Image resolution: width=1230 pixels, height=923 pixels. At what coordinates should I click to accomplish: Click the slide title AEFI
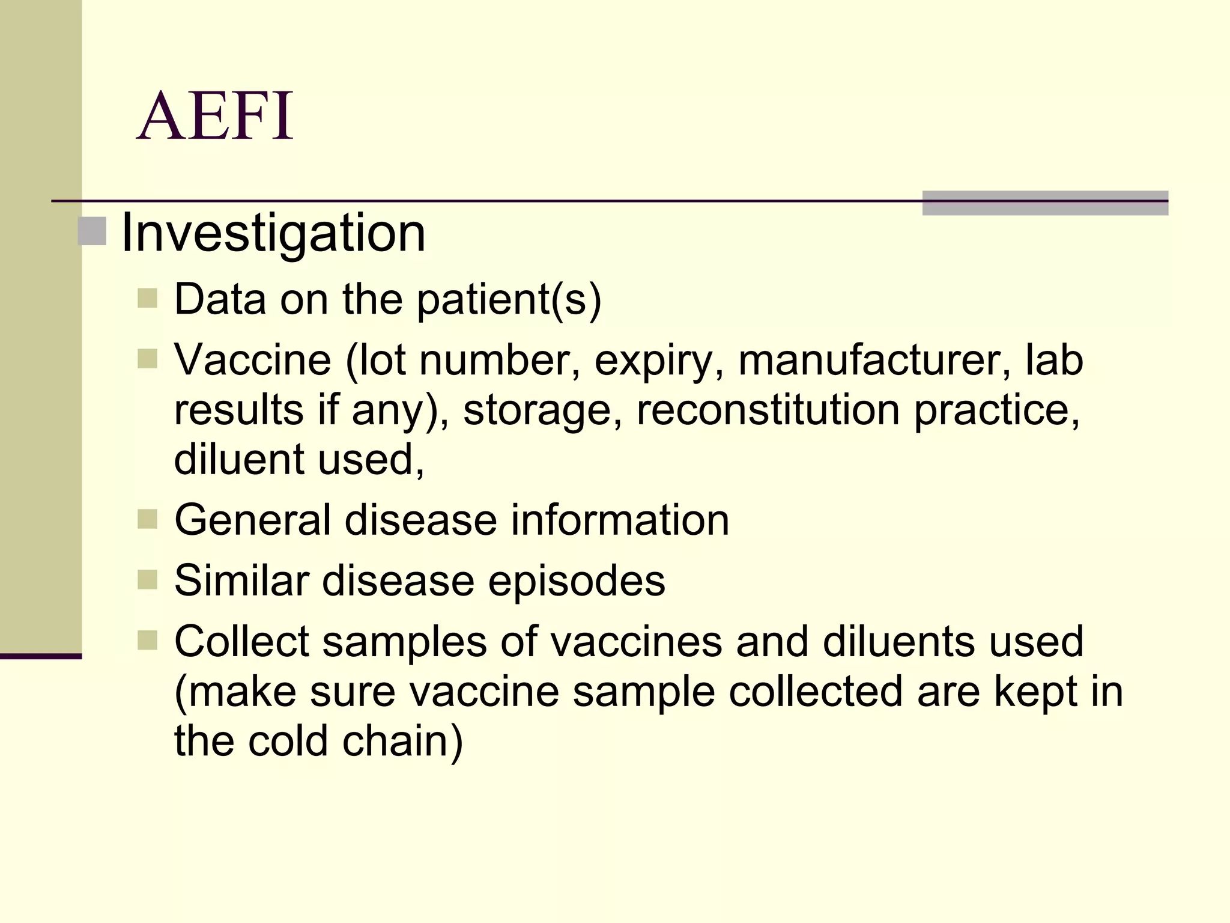215,116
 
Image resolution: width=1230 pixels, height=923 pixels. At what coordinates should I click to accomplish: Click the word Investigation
273,233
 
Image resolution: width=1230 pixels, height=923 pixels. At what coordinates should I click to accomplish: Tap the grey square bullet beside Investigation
92,232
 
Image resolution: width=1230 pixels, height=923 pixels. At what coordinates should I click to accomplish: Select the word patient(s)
509,299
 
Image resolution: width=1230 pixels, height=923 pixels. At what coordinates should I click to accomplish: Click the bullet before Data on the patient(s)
147,298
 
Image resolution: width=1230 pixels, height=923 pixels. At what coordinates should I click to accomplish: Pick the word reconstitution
768,410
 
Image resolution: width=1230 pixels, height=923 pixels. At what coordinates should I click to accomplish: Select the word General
252,520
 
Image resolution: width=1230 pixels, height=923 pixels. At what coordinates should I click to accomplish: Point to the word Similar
241,580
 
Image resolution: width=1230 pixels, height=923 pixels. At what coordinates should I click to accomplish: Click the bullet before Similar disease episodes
147,580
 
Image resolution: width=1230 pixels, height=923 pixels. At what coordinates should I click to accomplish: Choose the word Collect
241,641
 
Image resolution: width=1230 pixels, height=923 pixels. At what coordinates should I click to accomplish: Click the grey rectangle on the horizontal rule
1045,203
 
